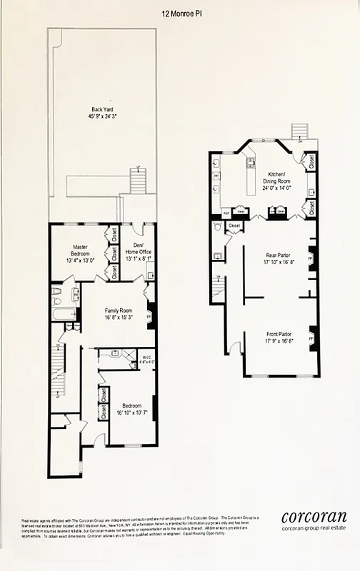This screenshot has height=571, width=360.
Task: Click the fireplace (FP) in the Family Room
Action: pos(151,315)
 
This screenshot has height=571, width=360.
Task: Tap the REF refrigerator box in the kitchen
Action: pos(225,212)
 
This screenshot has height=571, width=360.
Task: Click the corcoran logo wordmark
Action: pos(314,517)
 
